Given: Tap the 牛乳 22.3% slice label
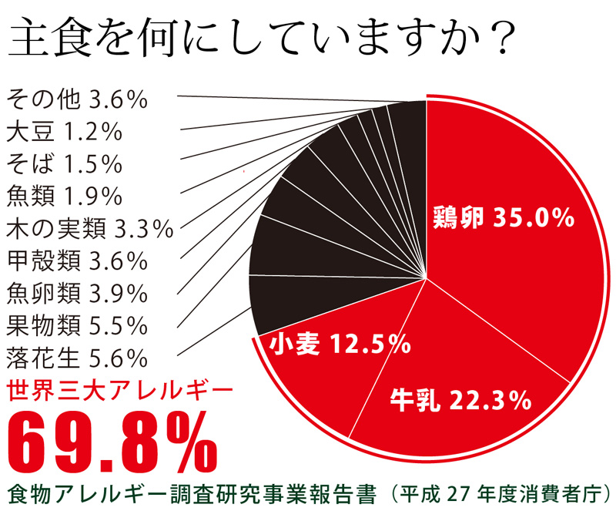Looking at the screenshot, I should click(x=460, y=400).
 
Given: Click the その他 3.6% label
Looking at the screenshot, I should click(x=76, y=100).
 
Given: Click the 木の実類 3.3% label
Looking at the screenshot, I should click(x=89, y=229).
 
